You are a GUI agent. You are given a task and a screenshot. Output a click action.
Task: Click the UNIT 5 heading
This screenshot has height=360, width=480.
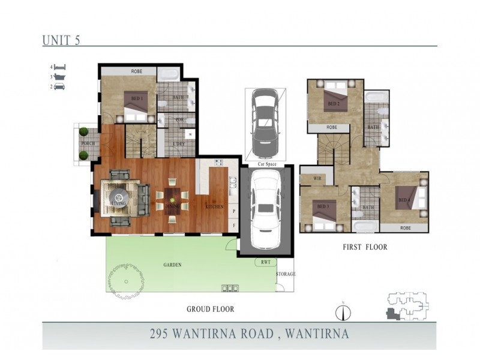pos(61,40)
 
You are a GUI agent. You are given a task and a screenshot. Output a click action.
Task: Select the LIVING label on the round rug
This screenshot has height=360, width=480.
pos(119,203)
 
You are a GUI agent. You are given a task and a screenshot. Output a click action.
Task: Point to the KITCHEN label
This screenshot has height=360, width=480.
pos(214,206)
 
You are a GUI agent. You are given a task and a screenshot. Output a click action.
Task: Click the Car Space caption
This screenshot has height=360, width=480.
pos(265,163)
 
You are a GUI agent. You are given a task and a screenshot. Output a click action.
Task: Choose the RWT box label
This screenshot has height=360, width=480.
pos(265,262)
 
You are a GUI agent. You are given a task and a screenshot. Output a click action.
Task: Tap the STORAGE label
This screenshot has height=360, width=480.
pos(286,274)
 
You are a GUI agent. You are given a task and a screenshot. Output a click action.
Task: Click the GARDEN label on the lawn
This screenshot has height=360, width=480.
pos(172,265)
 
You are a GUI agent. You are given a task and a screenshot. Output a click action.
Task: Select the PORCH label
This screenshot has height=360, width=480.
pos(88,144)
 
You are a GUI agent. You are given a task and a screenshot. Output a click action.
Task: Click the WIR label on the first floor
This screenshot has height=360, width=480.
pos(311,179)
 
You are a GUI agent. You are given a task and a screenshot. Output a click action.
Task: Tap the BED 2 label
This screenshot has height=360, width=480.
pos(334,104)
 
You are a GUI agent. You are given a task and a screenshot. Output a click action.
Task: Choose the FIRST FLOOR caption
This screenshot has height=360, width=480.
pos(365,247)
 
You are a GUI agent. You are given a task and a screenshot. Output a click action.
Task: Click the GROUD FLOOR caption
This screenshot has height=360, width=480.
pos(210,310)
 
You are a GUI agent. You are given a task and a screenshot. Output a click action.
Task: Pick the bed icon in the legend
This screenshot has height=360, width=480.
pos(60,67)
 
